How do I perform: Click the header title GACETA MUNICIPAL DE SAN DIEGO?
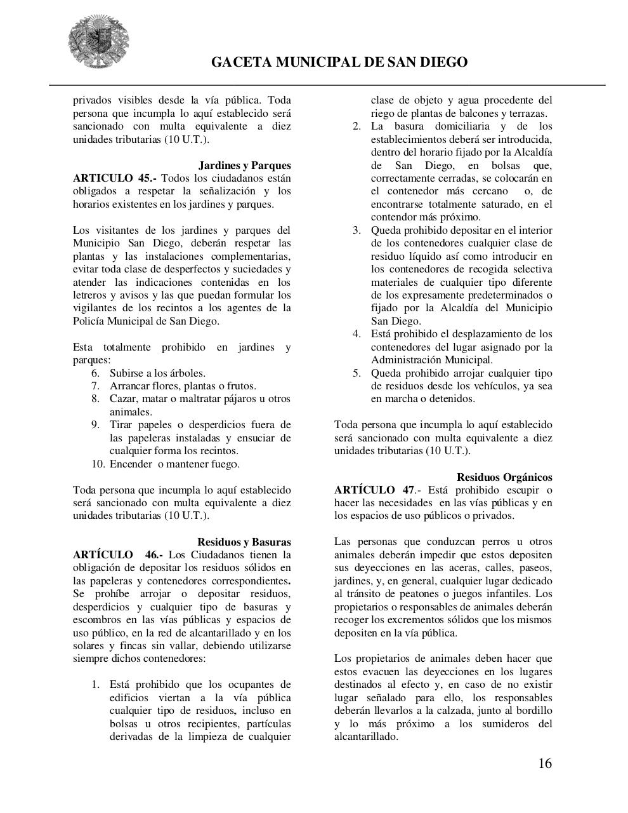click(339, 62)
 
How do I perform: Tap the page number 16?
click(545, 763)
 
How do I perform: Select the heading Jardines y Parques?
click(245, 166)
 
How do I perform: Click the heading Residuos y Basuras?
click(244, 542)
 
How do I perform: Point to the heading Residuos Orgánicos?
click(504, 477)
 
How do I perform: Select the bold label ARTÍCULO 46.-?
click(117, 555)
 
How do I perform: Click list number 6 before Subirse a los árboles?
click(96, 373)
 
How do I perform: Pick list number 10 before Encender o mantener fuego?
click(98, 464)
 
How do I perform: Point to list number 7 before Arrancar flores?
click(96, 386)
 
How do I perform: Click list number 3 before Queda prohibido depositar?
click(357, 231)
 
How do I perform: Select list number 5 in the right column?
click(357, 373)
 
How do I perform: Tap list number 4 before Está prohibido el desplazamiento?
click(357, 334)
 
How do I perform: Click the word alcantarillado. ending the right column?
click(366, 737)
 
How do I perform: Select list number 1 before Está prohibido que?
click(96, 685)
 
